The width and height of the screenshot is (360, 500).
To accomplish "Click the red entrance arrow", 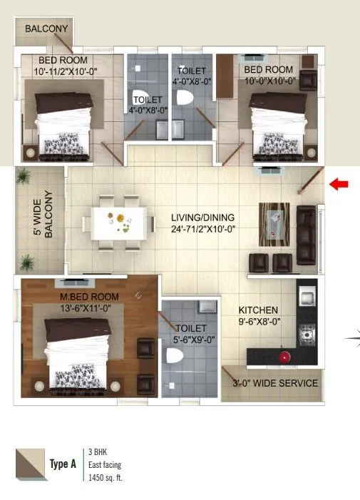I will pyautogui.click(x=339, y=185).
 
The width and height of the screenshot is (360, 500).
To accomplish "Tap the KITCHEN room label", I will pyautogui.click(x=258, y=310).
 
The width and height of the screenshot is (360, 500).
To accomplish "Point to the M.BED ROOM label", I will pyautogui.click(x=90, y=297).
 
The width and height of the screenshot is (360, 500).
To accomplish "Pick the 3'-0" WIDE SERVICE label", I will pyautogui.click(x=274, y=383).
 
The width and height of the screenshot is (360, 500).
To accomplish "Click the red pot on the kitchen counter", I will pyautogui.click(x=284, y=356).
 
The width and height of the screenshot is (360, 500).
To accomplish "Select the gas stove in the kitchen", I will pyautogui.click(x=308, y=332).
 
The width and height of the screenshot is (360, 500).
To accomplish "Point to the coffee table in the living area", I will pyautogui.click(x=274, y=220).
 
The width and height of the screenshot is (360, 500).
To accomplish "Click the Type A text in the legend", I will pyautogui.click(x=63, y=464).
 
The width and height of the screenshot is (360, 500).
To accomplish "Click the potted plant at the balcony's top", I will pyautogui.click(x=24, y=175).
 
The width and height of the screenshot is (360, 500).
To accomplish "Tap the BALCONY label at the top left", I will pyautogui.click(x=46, y=29).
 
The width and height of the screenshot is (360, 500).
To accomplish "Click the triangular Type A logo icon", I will pyautogui.click(x=29, y=464).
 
